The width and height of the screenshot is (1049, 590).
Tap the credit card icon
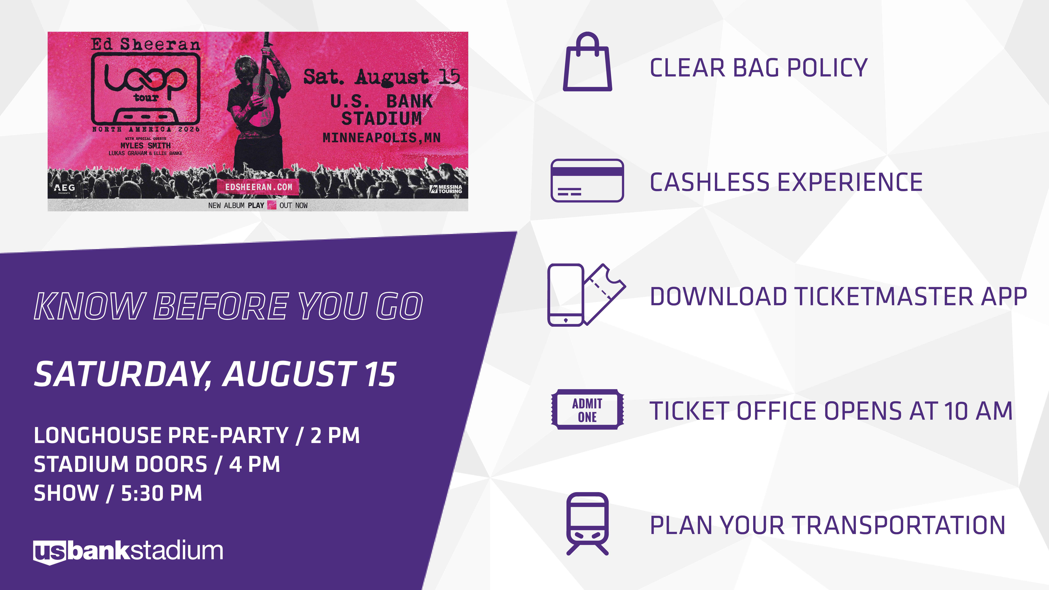(587, 180)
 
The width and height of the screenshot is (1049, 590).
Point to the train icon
(587, 524)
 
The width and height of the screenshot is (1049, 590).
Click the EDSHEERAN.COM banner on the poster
(259, 187)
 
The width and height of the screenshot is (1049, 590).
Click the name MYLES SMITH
(145, 145)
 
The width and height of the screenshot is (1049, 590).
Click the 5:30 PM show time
(161, 493)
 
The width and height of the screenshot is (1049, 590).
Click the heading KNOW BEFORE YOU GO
(228, 306)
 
